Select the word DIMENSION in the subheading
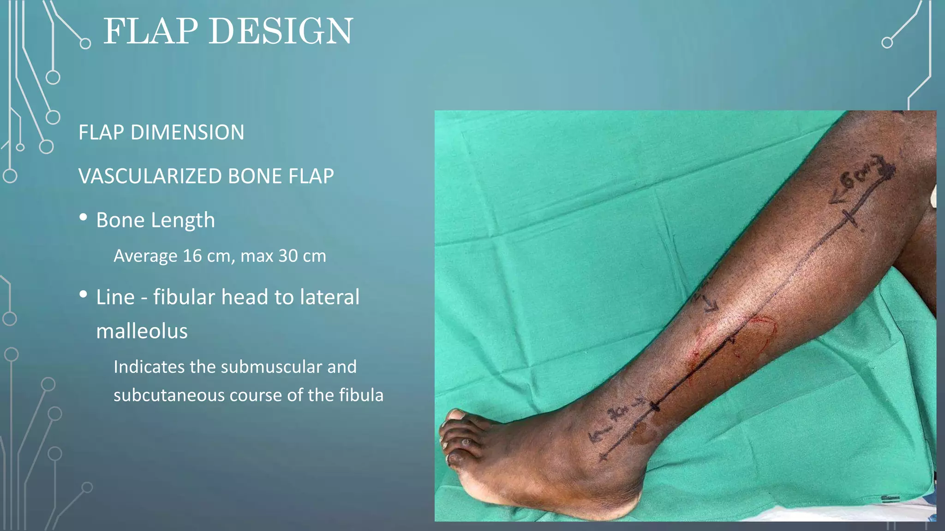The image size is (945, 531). (187, 133)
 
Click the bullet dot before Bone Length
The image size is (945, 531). (83, 217)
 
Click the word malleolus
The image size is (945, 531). (142, 331)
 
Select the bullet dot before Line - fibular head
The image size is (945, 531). (83, 294)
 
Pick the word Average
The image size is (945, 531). (145, 256)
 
